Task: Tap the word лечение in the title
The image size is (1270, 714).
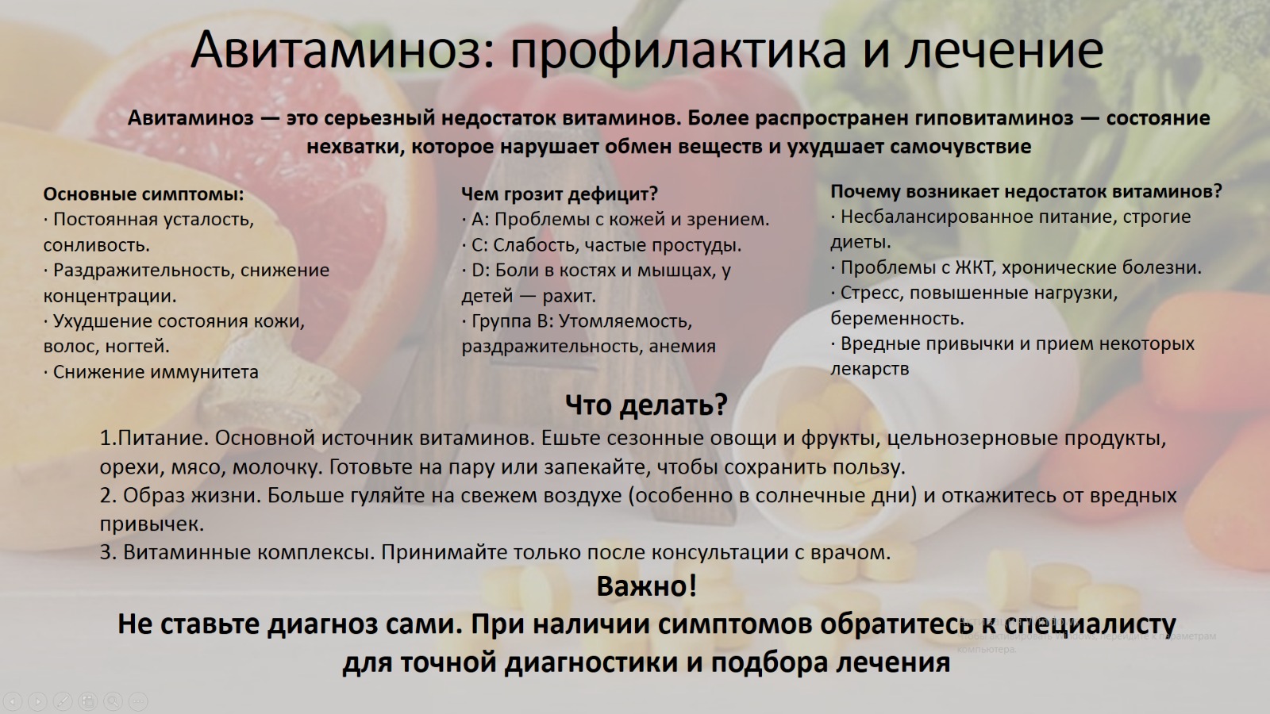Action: pos(1003,50)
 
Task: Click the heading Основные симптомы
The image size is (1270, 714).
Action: pos(144,194)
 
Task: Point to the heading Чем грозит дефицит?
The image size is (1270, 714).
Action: pos(560,194)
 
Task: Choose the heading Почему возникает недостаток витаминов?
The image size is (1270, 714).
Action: pos(1026,191)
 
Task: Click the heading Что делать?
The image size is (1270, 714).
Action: pos(646,405)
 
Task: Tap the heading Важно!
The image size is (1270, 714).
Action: pos(646,586)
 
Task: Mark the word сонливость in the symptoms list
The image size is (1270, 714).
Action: pos(96,245)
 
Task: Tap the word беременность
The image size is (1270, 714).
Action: pos(897,318)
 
